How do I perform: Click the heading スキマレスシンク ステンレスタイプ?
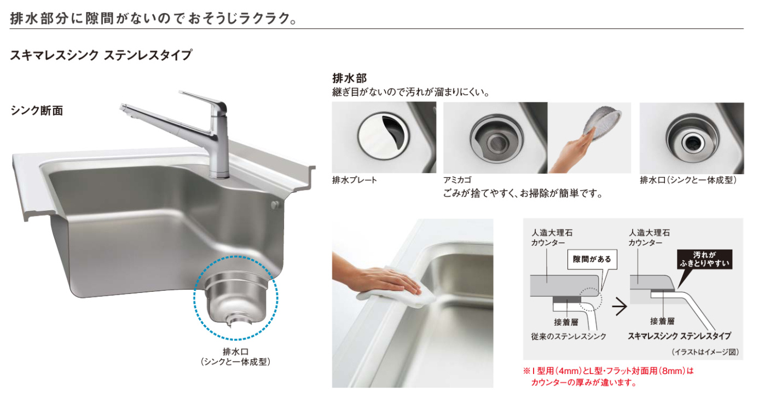[x=101, y=55]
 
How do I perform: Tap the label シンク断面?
[x=37, y=111]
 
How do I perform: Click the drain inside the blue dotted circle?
[x=235, y=298]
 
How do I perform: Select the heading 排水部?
[x=349, y=78]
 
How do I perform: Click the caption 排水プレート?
[x=355, y=180]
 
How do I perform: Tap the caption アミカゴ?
[x=457, y=180]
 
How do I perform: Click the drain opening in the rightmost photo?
[x=690, y=141]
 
